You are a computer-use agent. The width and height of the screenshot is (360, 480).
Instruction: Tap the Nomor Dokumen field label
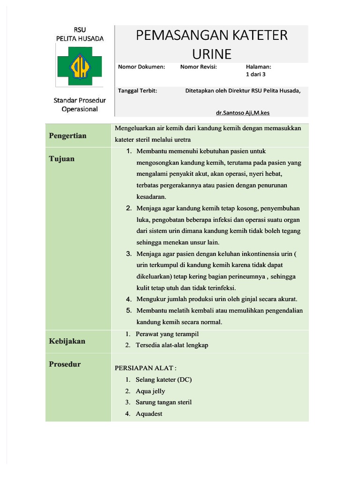[x=142, y=67]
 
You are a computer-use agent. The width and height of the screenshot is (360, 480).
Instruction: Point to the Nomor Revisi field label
[x=198, y=67]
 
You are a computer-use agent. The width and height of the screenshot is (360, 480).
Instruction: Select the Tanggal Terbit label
[x=137, y=91]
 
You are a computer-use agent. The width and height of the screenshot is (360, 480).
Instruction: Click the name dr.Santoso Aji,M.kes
[x=246, y=113]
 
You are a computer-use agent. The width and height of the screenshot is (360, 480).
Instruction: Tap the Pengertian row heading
[x=68, y=135]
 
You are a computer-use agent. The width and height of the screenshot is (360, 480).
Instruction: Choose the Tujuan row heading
[x=62, y=158]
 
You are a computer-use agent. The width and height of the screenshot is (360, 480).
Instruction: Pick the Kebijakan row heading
[x=67, y=341]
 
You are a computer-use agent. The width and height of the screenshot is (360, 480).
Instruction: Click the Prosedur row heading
[x=65, y=364]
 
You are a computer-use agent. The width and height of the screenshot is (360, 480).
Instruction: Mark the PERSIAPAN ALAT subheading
[x=146, y=368]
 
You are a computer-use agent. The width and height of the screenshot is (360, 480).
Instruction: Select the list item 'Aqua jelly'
[x=150, y=391]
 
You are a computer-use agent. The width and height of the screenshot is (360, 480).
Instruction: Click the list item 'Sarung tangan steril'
[x=164, y=402]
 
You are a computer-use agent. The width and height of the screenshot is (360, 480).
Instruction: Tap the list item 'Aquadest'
[x=149, y=413]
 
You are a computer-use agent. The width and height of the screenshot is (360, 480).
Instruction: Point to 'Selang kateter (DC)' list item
[x=164, y=380]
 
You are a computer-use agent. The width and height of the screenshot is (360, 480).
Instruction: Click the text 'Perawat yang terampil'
[x=167, y=334]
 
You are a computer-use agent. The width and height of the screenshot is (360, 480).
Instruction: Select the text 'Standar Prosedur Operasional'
[x=79, y=105]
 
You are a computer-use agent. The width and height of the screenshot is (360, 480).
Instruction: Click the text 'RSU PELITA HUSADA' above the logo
[x=79, y=34]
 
